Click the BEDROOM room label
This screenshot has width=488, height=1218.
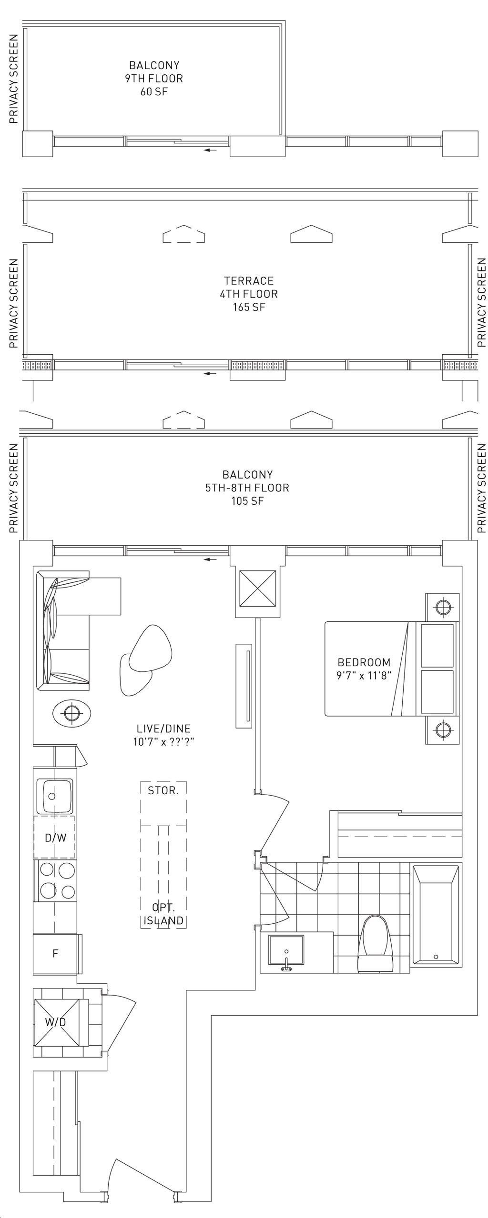tap(364, 662)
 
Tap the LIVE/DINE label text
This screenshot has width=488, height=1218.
tap(163, 729)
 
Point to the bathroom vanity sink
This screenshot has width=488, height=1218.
tap(286, 953)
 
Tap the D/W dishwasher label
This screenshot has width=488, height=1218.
tap(56, 838)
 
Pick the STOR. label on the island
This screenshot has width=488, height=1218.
tap(163, 791)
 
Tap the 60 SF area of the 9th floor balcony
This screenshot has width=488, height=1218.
tap(154, 91)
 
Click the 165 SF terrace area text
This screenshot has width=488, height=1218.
tap(249, 307)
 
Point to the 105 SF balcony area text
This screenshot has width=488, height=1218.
tap(247, 501)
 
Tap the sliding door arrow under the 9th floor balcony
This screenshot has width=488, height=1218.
tap(210, 150)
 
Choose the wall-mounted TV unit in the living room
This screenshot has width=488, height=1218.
tap(244, 686)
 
